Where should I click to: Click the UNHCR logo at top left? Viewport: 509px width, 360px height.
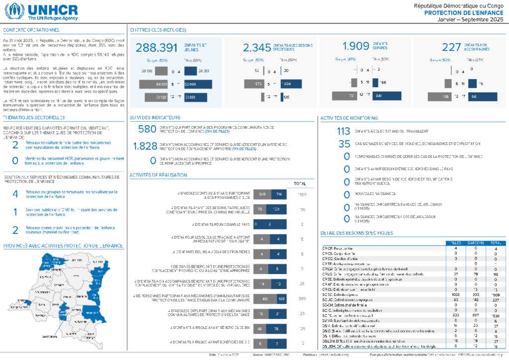coord(42,11)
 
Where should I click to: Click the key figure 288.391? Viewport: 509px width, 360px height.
coord(157,47)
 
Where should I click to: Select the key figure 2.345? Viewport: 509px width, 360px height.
coord(257,47)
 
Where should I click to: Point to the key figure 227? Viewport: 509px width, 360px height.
coord(451,47)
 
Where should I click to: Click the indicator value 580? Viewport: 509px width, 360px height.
coord(147,129)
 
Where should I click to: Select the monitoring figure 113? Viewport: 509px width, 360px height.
coord(343,132)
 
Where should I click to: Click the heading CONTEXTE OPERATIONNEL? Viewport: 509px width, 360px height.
coord(31,30)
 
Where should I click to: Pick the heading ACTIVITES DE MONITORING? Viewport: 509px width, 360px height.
coord(349,118)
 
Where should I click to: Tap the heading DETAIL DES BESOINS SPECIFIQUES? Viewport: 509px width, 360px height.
coord(357,233)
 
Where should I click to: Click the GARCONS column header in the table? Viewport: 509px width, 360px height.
coord(475,243)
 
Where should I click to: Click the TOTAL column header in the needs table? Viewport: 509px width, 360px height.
coord(495,243)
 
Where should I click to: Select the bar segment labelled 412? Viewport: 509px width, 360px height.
coord(265,299)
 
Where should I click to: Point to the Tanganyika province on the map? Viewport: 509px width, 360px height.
coord(91,313)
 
